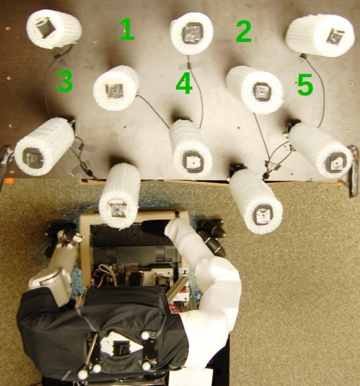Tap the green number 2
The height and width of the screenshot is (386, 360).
pos(243,32)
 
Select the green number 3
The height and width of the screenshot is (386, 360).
pos(64,81)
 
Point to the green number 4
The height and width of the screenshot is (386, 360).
pos(183,83)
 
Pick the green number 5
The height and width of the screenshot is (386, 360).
pos(304,85)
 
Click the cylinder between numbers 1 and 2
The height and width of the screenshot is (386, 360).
pos(192,34)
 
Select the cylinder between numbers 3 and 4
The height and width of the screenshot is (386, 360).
pos(116,88)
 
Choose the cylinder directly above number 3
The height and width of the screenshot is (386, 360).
pos(54,29)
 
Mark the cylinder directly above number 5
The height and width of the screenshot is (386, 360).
pos(320,35)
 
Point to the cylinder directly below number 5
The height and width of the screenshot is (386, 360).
pos(321,150)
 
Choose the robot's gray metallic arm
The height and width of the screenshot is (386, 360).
pos(55,270)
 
